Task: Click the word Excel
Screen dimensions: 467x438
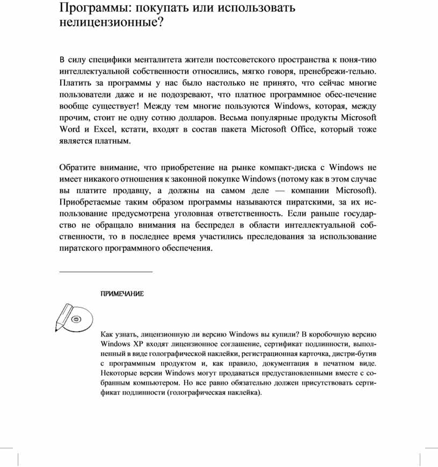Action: [x=105, y=129]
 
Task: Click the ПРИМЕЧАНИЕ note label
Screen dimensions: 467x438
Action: [x=122, y=294]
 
